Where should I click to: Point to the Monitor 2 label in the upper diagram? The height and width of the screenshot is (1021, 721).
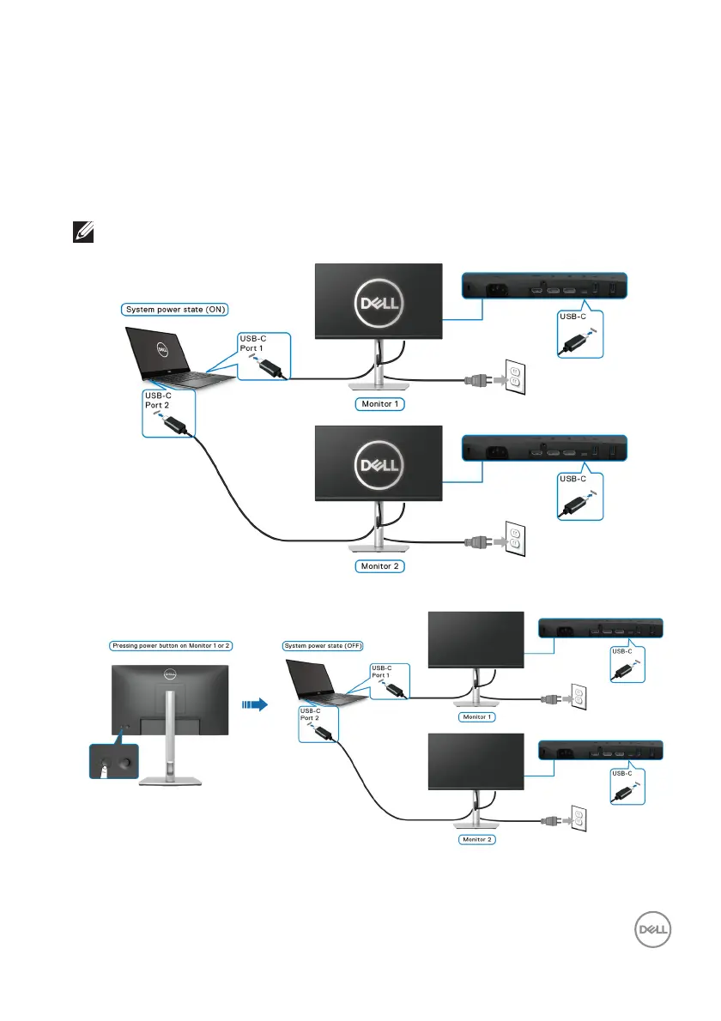379,566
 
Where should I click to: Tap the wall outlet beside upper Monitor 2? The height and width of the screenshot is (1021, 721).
514,539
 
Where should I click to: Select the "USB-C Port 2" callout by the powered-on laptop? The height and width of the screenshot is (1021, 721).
168,414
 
